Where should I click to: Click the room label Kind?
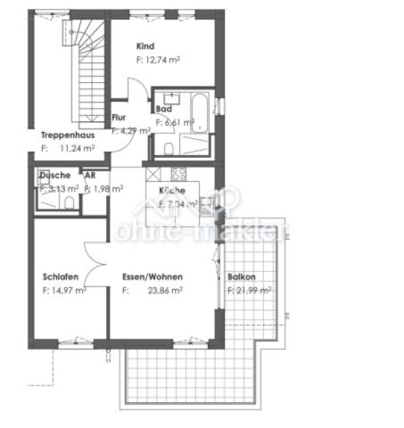point(146,45)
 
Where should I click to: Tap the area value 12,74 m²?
point(159,60)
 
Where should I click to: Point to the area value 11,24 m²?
point(77,149)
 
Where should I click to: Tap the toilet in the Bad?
point(169,148)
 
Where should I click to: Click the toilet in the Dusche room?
point(69,202)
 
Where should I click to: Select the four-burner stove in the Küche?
point(178,174)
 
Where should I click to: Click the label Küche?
point(172,191)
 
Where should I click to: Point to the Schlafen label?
point(59,276)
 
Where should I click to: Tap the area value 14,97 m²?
point(64,290)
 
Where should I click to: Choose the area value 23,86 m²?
point(165,290)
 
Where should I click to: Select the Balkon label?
point(242,276)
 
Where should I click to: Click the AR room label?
point(90,176)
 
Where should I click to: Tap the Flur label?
point(120,118)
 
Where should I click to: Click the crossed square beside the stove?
point(152,174)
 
